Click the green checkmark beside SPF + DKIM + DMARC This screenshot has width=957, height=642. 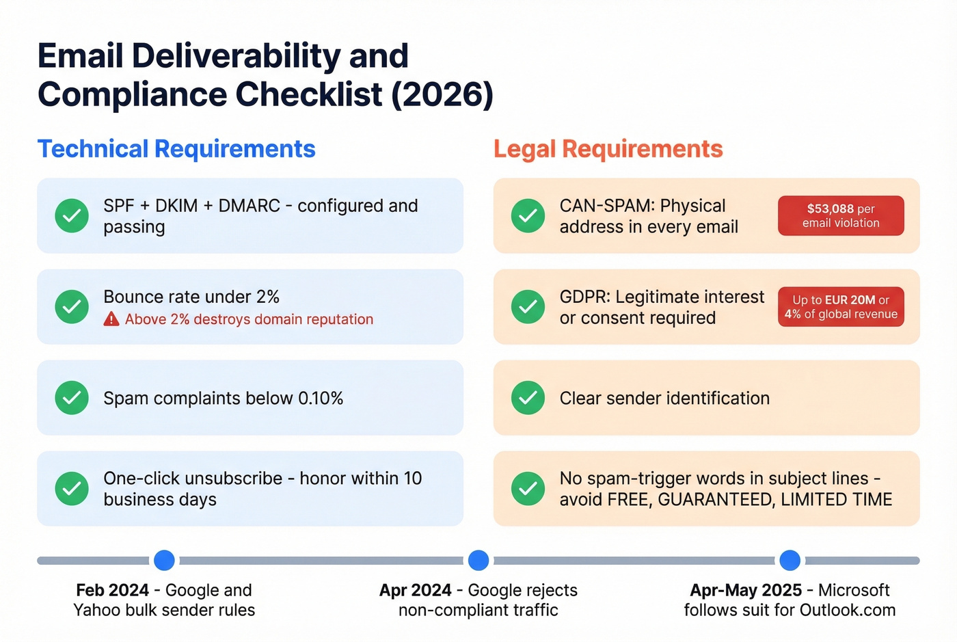[x=72, y=216]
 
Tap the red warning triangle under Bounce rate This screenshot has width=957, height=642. [x=111, y=319]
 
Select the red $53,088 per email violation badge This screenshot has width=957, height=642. [x=841, y=216]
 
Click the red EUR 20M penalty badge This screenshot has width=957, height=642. [x=841, y=307]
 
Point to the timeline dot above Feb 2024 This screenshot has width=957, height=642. [x=164, y=561]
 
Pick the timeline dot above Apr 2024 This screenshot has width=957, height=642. [x=478, y=561]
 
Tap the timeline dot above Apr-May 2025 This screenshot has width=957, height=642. [x=790, y=561]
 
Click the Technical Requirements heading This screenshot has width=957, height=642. [x=176, y=149]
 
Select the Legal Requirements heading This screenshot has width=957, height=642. [x=608, y=149]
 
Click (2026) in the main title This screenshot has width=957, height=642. [x=442, y=94]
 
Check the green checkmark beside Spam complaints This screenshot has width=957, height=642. [x=72, y=398]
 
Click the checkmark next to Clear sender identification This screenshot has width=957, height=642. [x=528, y=398]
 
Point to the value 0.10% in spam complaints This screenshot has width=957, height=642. [x=321, y=399]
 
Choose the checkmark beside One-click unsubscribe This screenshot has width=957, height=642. [x=72, y=489]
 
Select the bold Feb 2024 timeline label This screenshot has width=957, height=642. [x=112, y=590]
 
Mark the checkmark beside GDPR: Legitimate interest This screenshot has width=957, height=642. [x=528, y=307]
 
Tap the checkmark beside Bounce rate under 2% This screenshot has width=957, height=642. [x=72, y=307]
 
